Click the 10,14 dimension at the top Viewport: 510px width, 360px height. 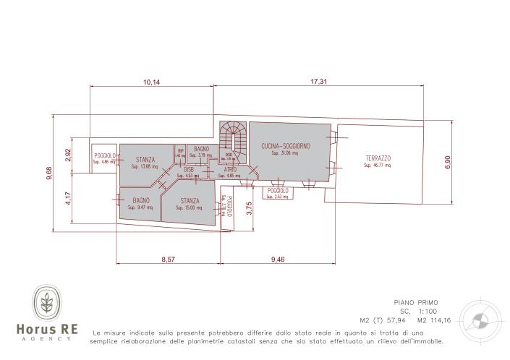tap(151, 82)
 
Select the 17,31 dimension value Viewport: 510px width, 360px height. tap(319, 82)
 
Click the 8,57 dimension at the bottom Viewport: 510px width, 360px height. tap(168, 258)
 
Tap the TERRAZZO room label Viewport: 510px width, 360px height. tap(378, 158)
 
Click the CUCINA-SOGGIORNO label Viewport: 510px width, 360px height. tap(286, 146)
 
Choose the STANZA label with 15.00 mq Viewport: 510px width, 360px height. tap(190, 200)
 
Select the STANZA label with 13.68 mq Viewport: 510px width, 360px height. tap(145, 160)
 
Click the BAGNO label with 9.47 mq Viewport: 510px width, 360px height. tap(140, 200)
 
